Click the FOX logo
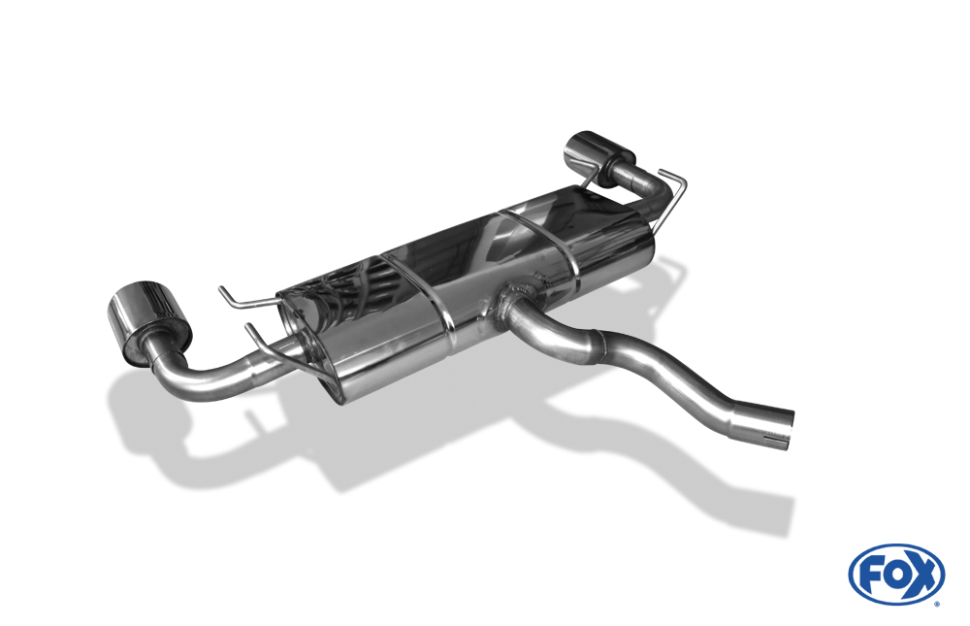point(895,574)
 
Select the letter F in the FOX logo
point(868,574)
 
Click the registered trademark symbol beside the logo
point(936,603)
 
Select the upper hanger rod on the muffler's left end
point(242,298)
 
